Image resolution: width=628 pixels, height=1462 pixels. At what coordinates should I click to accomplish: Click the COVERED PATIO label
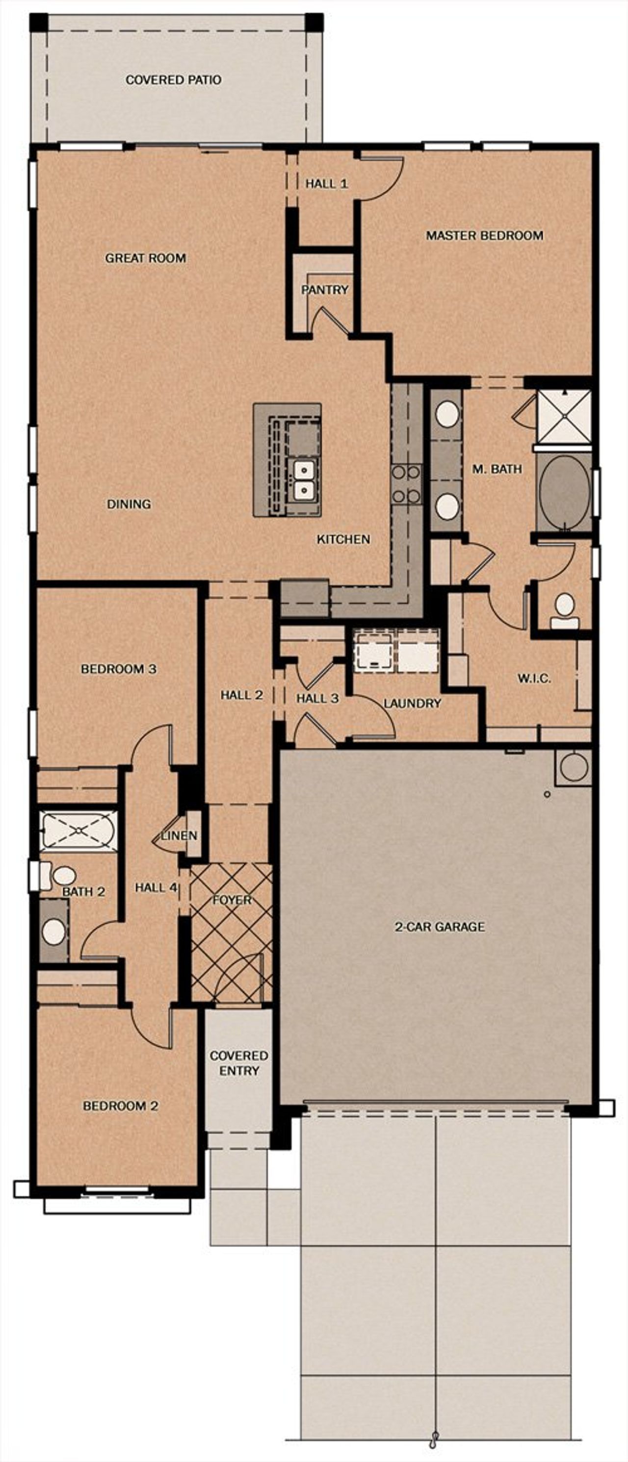click(x=173, y=80)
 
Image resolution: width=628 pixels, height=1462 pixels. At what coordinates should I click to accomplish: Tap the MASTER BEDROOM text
click(x=484, y=235)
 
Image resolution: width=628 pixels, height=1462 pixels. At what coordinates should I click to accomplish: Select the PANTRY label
click(x=324, y=290)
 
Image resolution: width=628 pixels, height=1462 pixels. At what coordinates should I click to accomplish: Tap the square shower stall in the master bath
click(x=564, y=416)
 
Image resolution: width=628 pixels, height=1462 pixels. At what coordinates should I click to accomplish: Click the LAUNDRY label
click(x=412, y=704)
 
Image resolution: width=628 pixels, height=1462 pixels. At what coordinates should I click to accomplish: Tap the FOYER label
click(x=232, y=901)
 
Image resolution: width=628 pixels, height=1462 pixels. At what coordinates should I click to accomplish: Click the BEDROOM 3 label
click(x=119, y=669)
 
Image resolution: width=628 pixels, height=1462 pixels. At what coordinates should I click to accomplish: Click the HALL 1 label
click(x=326, y=184)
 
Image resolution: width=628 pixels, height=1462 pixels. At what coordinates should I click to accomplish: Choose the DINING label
click(x=129, y=504)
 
